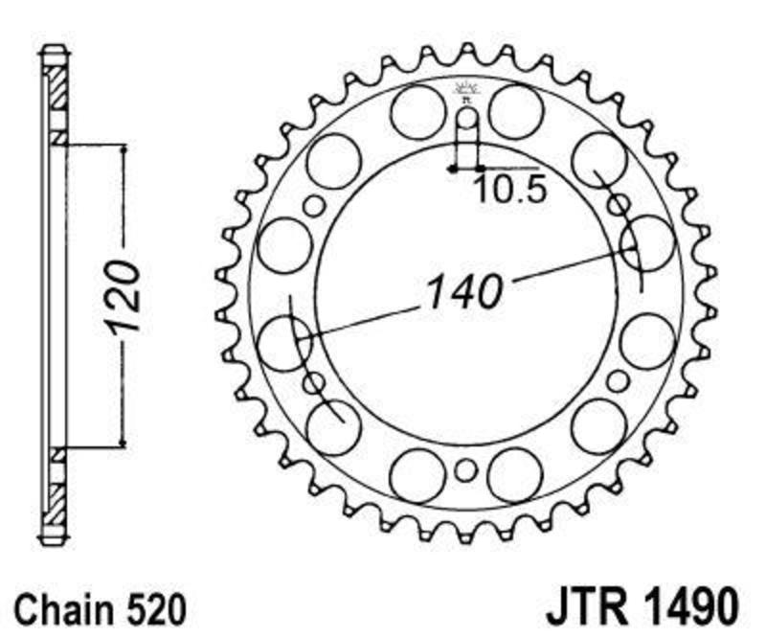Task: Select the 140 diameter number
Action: click(464, 292)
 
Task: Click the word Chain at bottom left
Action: click(62, 608)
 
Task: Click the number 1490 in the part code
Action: click(691, 607)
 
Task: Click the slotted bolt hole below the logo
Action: click(467, 137)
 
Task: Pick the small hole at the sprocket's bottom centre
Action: click(465, 470)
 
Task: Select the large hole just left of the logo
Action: click(418, 112)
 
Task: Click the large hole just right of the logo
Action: click(516, 112)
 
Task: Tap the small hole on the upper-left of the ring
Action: click(314, 205)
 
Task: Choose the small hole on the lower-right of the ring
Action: click(618, 381)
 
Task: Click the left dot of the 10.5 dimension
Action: click(453, 170)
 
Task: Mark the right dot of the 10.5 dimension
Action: click(479, 170)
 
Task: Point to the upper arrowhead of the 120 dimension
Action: click(124, 149)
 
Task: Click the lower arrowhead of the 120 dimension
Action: click(124, 442)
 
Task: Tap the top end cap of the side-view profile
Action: click(54, 50)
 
